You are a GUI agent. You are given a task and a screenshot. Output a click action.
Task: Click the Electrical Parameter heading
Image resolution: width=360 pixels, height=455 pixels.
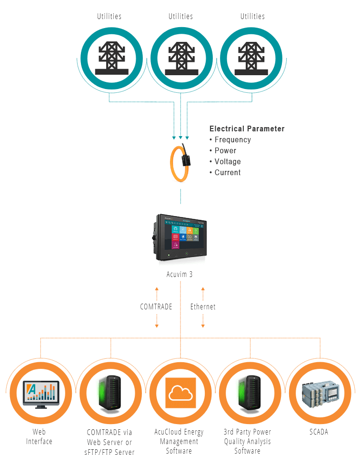pos(247,129)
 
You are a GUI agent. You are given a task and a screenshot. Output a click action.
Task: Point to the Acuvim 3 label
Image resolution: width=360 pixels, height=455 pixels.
pos(180,274)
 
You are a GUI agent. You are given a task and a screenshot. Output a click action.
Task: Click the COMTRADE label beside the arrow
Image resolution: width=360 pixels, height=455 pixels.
pos(156,307)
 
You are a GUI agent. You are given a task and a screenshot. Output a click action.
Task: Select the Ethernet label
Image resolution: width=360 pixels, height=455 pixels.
pos(203,307)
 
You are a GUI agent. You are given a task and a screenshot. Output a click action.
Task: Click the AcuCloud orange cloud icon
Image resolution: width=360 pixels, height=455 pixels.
pos(180,393)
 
